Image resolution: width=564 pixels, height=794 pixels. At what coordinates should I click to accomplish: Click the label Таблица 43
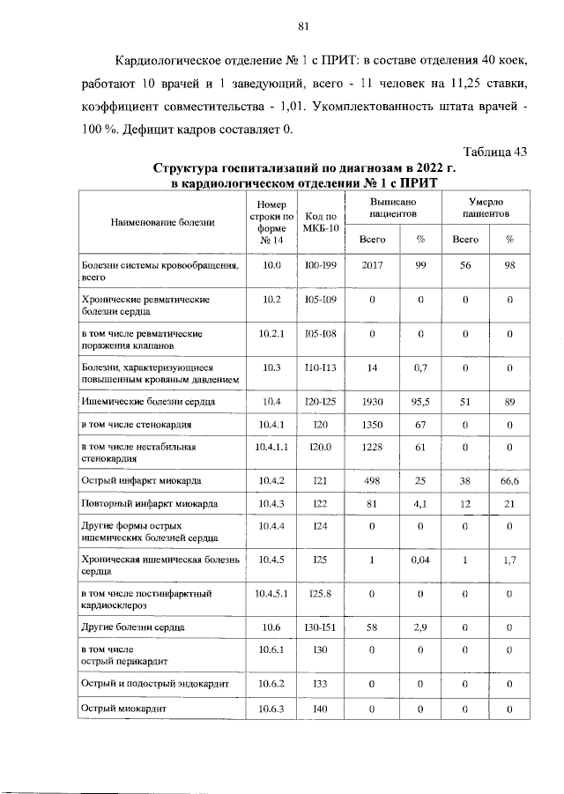[x=494, y=151]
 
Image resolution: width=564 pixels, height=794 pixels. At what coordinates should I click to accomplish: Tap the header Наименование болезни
[x=163, y=222]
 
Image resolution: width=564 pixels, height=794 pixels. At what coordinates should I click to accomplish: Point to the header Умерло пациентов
[x=486, y=207]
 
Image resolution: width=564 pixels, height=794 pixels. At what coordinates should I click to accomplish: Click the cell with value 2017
[x=374, y=264]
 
